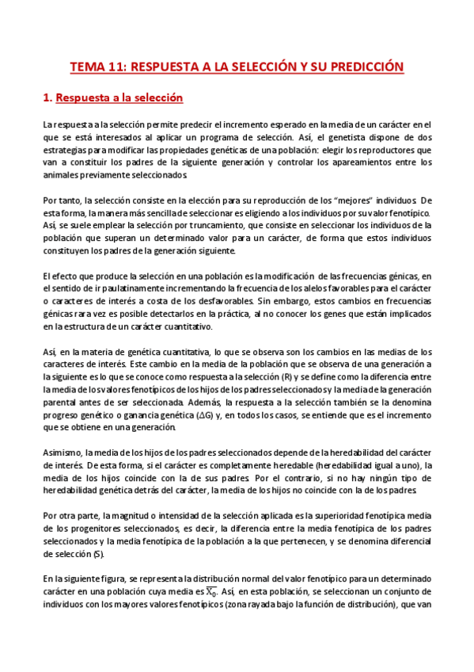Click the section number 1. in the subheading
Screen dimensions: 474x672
[47, 98]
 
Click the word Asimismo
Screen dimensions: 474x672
[62, 452]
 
